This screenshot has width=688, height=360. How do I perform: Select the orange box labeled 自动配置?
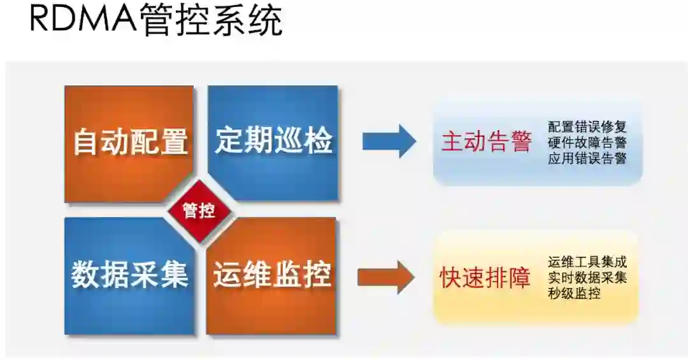(129, 141)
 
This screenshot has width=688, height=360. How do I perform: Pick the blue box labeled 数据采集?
(129, 275)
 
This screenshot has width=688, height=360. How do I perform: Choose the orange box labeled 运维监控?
(272, 275)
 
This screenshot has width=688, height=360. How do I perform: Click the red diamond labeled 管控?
(199, 211)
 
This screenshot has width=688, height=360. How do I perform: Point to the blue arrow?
(389, 141)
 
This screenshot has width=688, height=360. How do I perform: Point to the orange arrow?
(386, 277)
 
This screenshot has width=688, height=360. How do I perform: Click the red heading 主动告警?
(486, 141)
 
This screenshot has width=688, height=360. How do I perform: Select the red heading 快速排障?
(485, 278)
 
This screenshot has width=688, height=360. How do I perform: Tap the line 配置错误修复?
(587, 127)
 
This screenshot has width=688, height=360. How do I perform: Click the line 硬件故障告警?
(587, 143)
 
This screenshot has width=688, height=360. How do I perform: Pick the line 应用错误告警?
(587, 159)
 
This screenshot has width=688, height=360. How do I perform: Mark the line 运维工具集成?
(587, 262)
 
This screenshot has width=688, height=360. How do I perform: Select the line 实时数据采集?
(587, 278)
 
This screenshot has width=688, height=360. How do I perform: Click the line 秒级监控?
(573, 294)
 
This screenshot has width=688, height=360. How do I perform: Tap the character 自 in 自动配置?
(86, 141)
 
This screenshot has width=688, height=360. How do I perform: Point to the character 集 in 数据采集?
(173, 275)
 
